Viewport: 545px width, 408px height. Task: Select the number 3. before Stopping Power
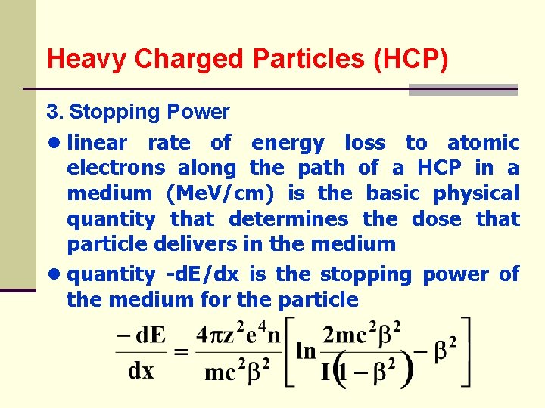tap(54, 112)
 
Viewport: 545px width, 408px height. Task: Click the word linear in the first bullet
tap(97, 142)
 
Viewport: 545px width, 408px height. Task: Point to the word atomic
tap(483, 142)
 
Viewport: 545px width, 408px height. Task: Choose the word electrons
tap(116, 168)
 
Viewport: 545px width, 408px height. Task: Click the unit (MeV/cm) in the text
tap(220, 193)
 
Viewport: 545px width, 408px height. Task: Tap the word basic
tap(393, 193)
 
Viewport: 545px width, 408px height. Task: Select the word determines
tap(288, 219)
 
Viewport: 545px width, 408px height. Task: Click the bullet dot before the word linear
tap(54, 143)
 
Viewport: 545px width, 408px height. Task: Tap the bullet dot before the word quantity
tap(54, 274)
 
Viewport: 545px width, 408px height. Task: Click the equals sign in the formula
tap(180, 352)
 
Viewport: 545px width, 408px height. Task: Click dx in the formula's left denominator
tap(140, 371)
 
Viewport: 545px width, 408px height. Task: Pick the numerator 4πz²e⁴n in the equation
tap(238, 333)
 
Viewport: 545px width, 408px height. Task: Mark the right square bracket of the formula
tap(467, 352)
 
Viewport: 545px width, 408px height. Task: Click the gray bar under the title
tap(462, 90)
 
